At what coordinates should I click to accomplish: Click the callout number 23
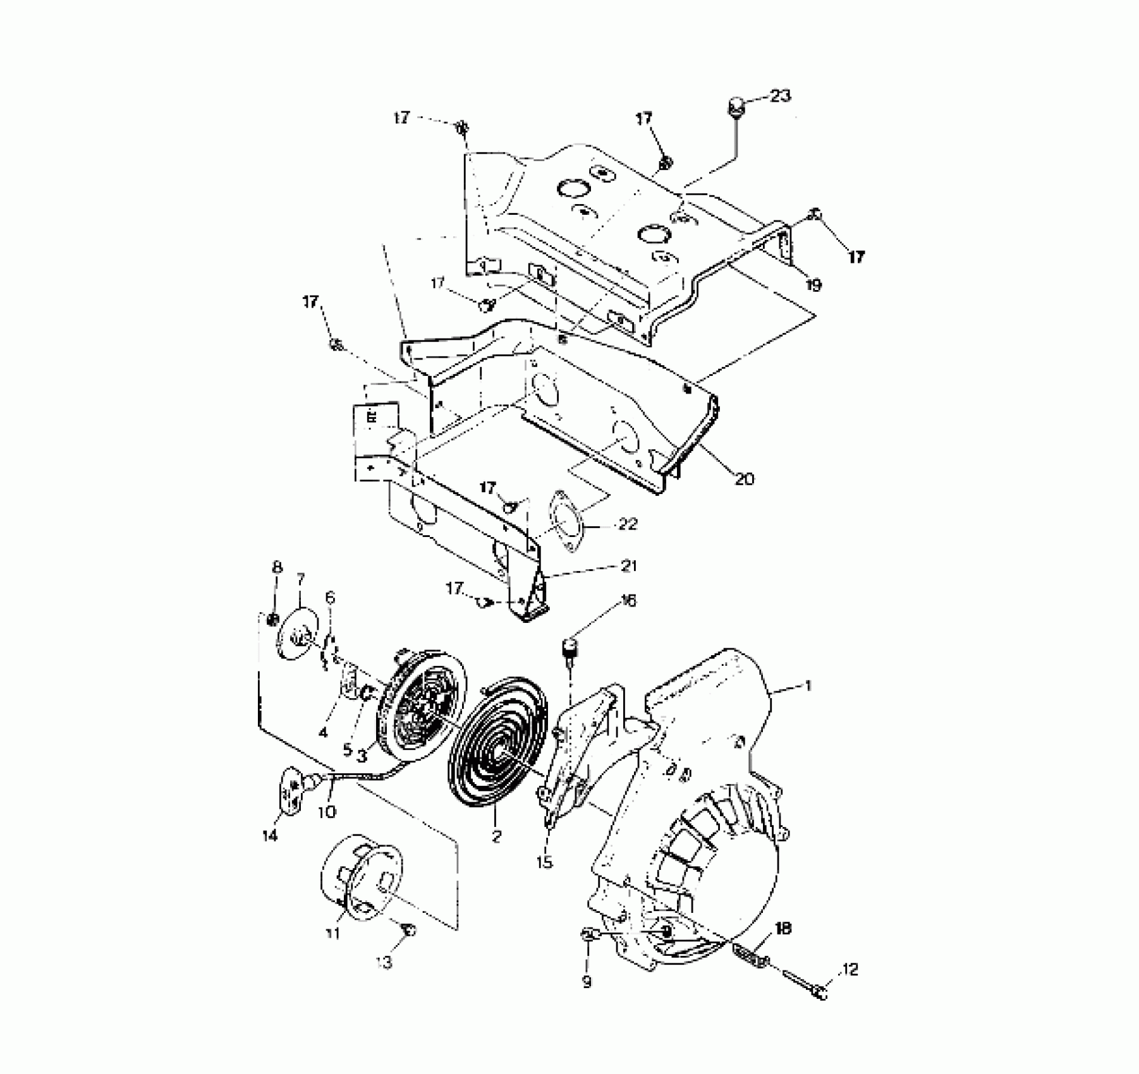[780, 96]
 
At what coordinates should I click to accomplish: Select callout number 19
[814, 285]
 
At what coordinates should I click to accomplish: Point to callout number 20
[744, 479]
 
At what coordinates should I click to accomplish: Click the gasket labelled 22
[564, 521]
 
